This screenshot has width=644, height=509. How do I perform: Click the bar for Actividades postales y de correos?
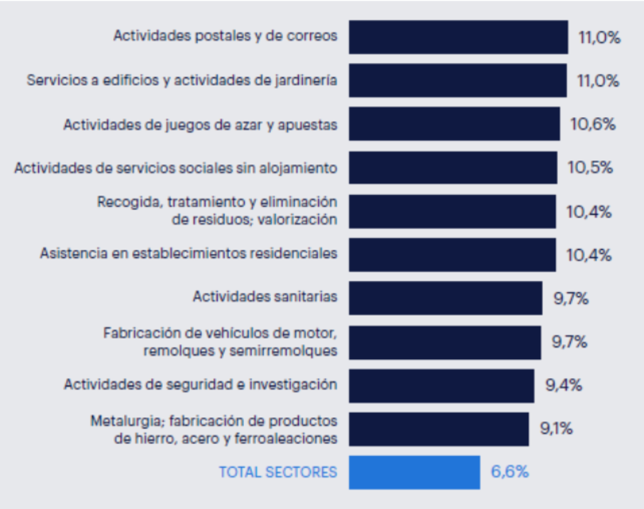click(458, 36)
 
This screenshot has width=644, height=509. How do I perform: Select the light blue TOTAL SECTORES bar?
click(414, 472)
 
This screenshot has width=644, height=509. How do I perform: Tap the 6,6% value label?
click(509, 472)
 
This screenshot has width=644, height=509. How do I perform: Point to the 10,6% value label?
click(592, 124)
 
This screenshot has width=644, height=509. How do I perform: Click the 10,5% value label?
click(589, 167)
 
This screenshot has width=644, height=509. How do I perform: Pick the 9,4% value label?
click(563, 385)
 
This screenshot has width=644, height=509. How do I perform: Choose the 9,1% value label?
click(557, 428)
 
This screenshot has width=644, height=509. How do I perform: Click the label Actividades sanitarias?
click(265, 296)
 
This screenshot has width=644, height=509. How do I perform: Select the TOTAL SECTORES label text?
click(277, 472)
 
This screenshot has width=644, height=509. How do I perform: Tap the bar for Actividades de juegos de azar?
click(454, 124)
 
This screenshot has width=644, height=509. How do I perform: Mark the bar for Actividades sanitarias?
click(445, 298)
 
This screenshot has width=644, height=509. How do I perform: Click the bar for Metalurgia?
click(439, 428)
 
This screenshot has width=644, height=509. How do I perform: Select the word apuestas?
click(309, 125)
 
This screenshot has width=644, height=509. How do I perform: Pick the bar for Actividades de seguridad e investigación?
click(441, 385)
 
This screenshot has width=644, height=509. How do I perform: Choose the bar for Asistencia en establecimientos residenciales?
click(452, 255)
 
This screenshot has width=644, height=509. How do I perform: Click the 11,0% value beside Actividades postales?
click(599, 37)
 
